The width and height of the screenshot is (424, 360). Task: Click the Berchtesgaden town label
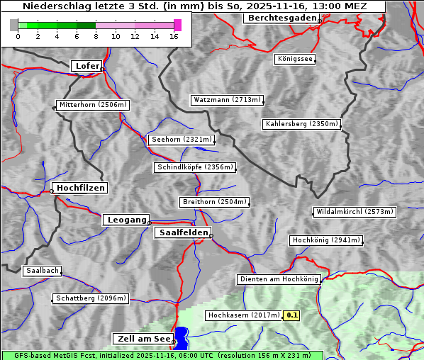(281, 18)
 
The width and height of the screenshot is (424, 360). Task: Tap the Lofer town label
(87, 66)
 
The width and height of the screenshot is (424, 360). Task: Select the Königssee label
(296, 59)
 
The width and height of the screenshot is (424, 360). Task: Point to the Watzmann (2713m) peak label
(227, 100)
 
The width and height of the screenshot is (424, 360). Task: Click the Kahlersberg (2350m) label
(301, 124)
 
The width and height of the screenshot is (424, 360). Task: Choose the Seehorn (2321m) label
(181, 140)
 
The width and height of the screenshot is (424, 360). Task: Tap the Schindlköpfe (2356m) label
(194, 167)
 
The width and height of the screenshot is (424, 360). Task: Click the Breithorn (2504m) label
(214, 202)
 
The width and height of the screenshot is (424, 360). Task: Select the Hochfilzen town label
(80, 188)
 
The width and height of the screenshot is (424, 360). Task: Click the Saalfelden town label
(182, 232)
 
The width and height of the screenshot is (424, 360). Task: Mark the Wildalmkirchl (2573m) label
(354, 212)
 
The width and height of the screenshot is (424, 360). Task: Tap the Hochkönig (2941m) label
(326, 240)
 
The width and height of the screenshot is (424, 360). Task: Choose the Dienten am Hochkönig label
(279, 279)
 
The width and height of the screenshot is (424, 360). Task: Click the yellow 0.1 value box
(292, 315)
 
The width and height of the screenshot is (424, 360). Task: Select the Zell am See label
(143, 339)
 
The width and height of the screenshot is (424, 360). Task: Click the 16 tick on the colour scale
(174, 36)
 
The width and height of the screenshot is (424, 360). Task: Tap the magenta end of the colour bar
(177, 25)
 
